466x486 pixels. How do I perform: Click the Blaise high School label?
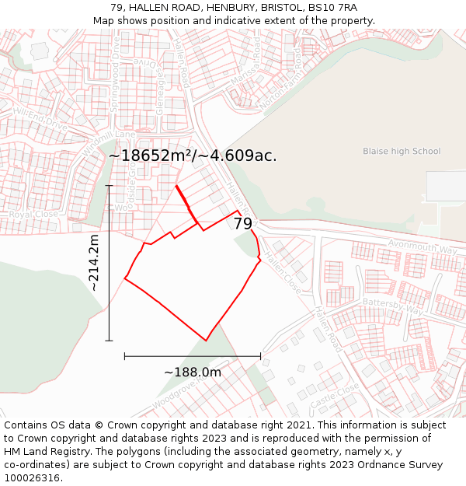pos(402,152)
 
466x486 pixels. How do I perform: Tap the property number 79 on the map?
pos(243,224)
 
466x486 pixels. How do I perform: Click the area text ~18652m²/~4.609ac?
pos(193,156)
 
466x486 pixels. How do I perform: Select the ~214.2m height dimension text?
pos(94,263)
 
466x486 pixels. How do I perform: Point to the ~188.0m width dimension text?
pos(193,372)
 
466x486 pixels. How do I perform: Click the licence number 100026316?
pos(33,477)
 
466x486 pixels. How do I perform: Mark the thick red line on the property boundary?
pos(185,199)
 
